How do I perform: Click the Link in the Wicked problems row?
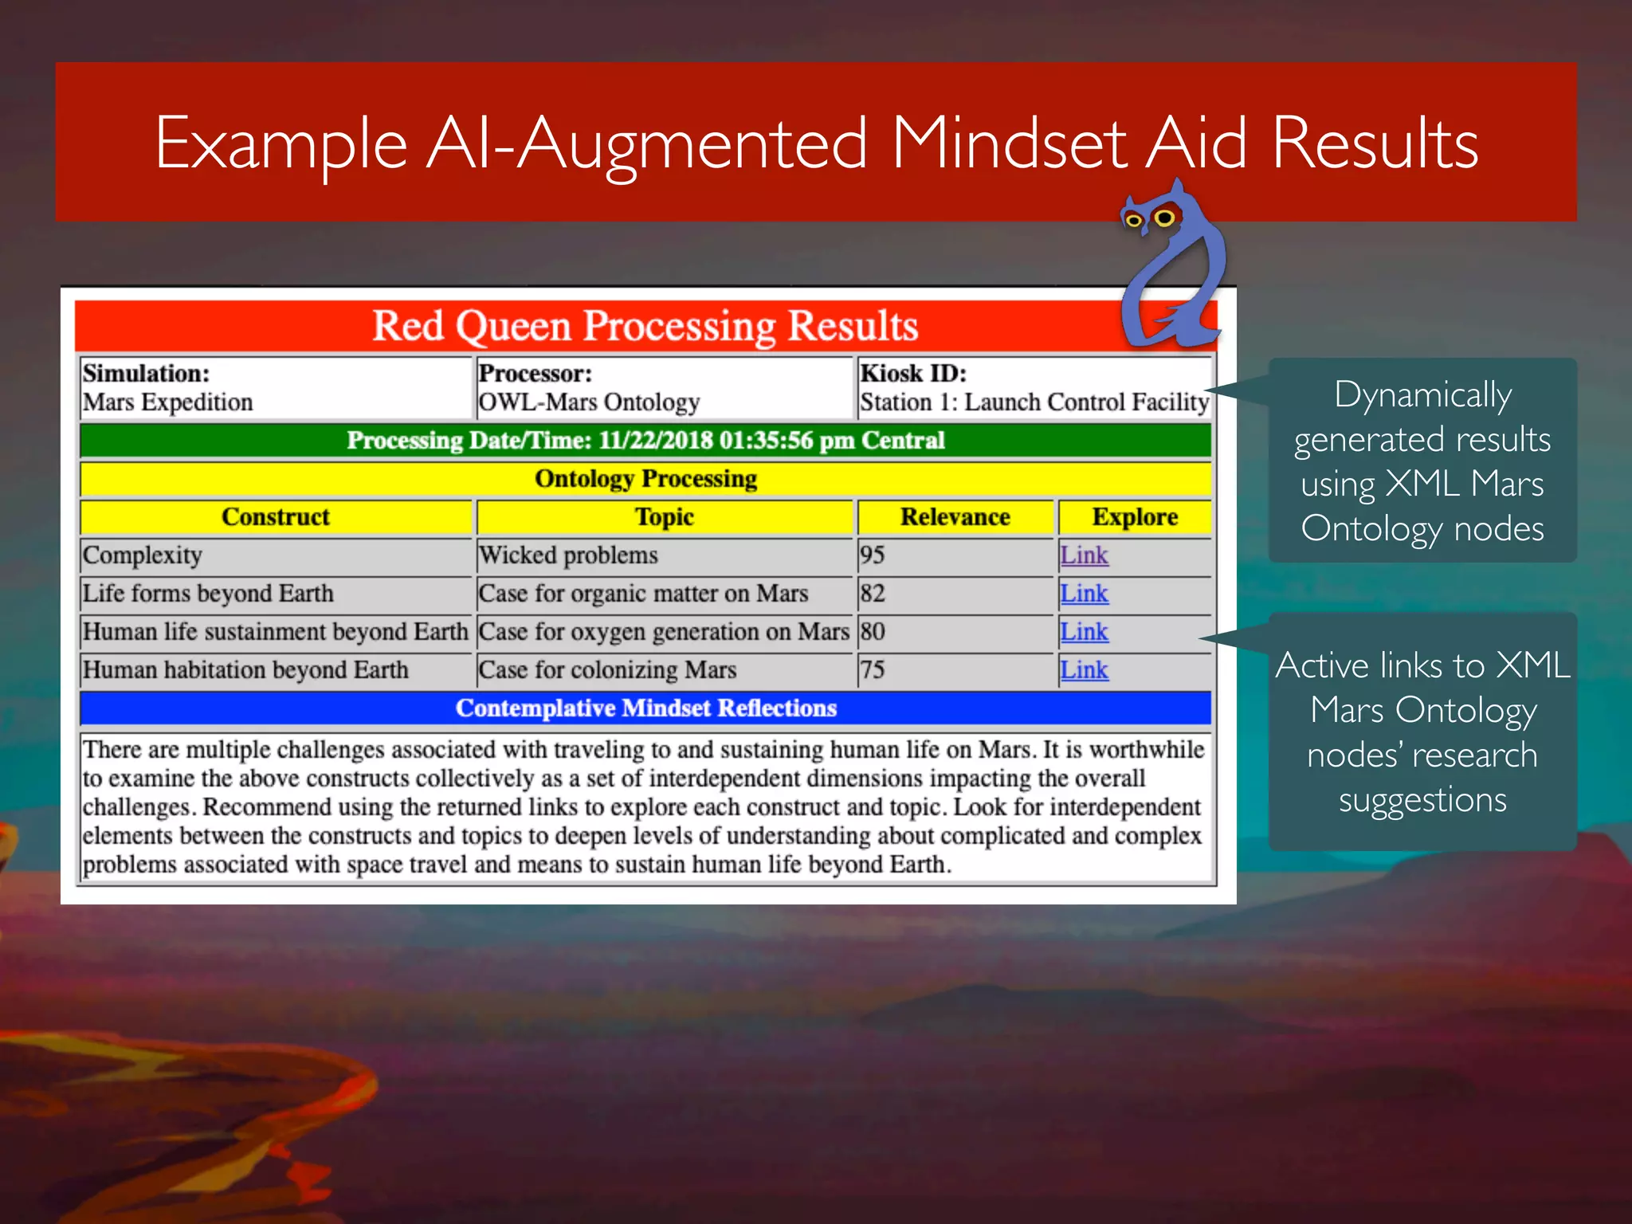[1084, 555]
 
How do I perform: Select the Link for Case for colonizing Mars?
[1084, 670]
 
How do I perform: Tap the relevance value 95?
[873, 555]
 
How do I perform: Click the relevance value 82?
[873, 594]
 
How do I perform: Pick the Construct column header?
[276, 517]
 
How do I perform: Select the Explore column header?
[1135, 517]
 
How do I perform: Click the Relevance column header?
[955, 517]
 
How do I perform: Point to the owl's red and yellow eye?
[1165, 218]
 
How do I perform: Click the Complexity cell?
[143, 555]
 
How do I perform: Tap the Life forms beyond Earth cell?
[209, 594]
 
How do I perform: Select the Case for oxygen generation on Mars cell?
[663, 632]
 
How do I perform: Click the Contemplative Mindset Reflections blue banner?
[645, 708]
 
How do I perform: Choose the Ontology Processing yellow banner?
[645, 479]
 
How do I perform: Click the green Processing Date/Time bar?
[645, 441]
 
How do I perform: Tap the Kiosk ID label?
[913, 374]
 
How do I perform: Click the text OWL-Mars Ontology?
[590, 402]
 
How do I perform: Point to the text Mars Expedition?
[168, 402]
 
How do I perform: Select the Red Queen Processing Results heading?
[645, 326]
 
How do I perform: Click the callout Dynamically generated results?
[1422, 461]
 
